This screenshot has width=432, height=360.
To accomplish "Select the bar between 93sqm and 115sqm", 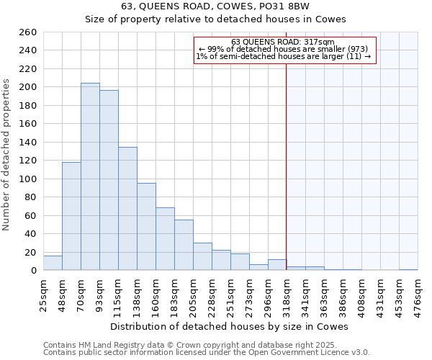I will pyautogui.click(x=109, y=180).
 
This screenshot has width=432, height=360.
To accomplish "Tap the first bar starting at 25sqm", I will pyautogui.click(x=53, y=263).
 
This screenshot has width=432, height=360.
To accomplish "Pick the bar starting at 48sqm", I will pyautogui.click(x=71, y=216).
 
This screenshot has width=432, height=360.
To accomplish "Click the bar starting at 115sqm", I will pyautogui.click(x=127, y=209).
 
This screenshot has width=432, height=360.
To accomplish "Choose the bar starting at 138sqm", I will pyautogui.click(x=146, y=227).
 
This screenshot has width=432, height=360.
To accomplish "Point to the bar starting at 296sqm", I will pyautogui.click(x=277, y=265).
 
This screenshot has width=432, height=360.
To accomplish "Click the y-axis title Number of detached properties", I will pyautogui.click(x=7, y=151).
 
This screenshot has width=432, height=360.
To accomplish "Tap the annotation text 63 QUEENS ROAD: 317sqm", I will pyautogui.click(x=283, y=42).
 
